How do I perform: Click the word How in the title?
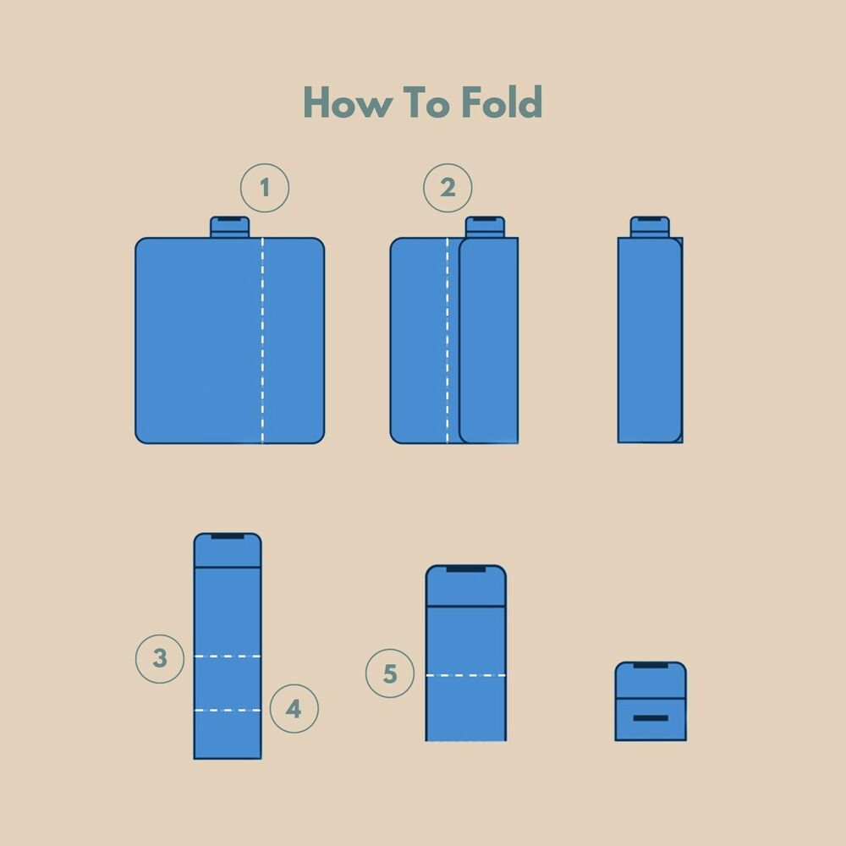[x=346, y=102]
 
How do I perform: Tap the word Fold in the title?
[x=502, y=102]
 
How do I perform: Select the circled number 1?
[x=264, y=188]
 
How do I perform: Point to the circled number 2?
[x=448, y=188]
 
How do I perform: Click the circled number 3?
[x=160, y=659]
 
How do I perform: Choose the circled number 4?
[x=294, y=708]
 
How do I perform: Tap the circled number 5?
[x=390, y=673]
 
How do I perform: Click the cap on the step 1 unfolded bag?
[x=230, y=227]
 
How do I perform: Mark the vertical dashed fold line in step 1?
[x=263, y=340]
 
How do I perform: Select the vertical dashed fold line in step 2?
[x=448, y=340]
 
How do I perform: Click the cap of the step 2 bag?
[x=485, y=227]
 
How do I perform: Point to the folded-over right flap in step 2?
[x=489, y=340]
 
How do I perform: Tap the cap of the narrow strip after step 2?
[x=650, y=227]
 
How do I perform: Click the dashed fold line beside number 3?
[x=228, y=656]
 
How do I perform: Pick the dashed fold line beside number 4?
[x=228, y=711]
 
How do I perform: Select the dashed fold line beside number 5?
[x=466, y=675]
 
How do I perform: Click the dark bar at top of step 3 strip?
[x=228, y=536]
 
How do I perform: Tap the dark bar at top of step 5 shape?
[x=466, y=569]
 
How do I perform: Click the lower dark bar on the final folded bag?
[x=651, y=718]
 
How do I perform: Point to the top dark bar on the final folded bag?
[x=651, y=665]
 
